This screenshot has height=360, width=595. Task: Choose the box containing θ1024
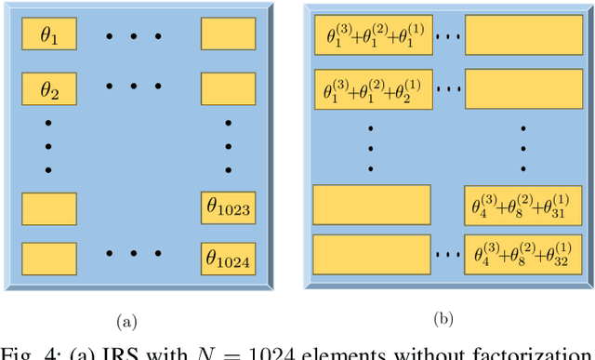coord(229,256)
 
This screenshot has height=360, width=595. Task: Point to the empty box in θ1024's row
coord(47,256)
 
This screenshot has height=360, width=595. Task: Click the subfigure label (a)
coord(126,322)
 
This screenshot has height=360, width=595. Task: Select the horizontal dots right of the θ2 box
coord(134,87)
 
